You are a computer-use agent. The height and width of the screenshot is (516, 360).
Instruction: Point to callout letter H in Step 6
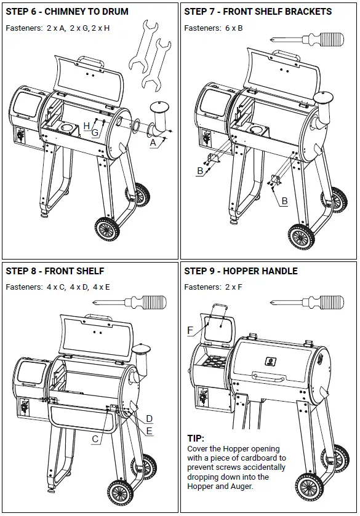(86, 125)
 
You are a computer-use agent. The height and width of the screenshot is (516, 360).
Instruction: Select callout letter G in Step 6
(95, 133)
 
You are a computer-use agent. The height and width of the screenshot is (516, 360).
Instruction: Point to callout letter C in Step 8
(95, 439)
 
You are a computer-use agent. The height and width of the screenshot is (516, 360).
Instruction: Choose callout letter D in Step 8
(149, 419)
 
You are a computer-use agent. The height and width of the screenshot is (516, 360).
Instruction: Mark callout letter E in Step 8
(149, 431)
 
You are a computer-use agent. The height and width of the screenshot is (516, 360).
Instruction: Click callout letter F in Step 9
(191, 330)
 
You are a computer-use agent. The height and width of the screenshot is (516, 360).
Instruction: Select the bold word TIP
(196, 439)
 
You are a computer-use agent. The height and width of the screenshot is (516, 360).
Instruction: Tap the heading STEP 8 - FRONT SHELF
(55, 271)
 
